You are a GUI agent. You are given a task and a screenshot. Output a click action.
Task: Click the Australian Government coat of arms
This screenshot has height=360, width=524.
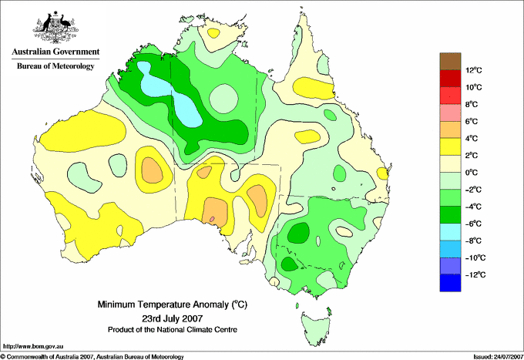55,28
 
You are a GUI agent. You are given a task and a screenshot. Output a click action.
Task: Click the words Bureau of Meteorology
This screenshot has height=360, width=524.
55,66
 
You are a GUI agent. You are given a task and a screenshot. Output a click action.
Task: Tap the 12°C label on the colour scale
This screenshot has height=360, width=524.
474,70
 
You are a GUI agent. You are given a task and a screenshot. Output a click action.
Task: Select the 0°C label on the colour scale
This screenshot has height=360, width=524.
471,173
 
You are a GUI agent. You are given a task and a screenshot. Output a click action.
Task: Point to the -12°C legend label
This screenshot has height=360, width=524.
475,274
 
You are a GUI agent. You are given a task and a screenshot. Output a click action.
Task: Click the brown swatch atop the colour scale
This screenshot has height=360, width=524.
450,61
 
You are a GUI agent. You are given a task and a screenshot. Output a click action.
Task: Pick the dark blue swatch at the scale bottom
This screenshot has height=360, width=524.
450,283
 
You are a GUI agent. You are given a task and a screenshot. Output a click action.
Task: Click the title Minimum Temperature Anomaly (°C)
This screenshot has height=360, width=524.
173,304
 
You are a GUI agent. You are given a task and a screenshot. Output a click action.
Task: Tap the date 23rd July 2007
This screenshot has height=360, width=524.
173,318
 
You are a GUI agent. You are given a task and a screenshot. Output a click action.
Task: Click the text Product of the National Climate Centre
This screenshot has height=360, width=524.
173,330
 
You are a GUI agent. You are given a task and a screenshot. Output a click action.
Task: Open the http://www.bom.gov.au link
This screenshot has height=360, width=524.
32,347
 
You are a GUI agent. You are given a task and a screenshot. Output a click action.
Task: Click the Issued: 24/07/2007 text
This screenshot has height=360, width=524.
498,357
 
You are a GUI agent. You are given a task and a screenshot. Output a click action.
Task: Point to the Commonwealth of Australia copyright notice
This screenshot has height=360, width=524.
92,357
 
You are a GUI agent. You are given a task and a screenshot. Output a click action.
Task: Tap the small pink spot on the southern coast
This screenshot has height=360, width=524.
212,219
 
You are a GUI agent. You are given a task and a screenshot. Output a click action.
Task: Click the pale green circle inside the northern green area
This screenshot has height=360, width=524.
223,99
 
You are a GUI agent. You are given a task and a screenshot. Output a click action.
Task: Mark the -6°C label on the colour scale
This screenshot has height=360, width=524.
473,224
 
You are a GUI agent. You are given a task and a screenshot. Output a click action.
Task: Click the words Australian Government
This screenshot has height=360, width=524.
55,52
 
